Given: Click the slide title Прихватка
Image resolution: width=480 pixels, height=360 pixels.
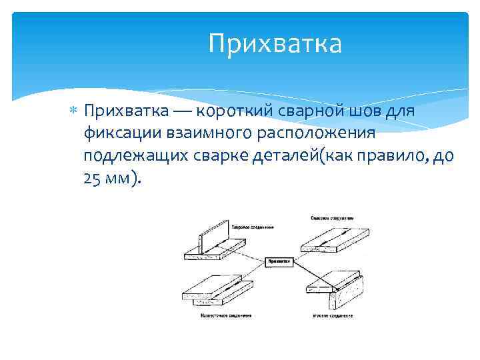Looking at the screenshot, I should pyautogui.click(x=275, y=44).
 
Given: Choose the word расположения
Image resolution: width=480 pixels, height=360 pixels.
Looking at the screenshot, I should pyautogui.click(x=314, y=133).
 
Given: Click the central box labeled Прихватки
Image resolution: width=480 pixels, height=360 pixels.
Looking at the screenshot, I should pyautogui.click(x=279, y=262).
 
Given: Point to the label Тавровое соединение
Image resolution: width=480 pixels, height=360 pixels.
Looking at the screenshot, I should pyautogui.click(x=252, y=227).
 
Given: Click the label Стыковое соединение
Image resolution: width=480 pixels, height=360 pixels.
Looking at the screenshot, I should pyautogui.click(x=331, y=217).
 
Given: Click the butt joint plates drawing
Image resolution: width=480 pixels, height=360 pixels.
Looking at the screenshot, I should pyautogui.click(x=327, y=239).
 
